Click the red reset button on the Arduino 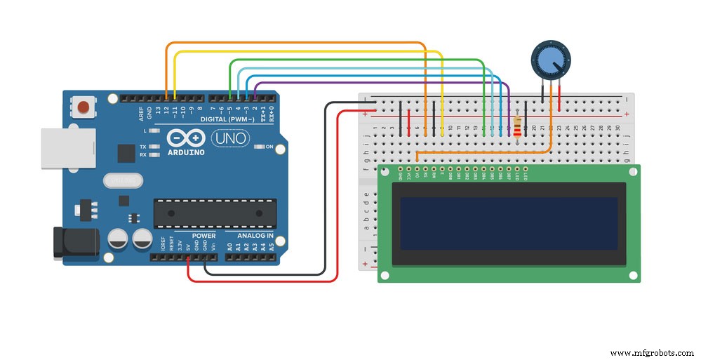[x=84, y=107]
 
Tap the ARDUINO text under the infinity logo [x=187, y=152]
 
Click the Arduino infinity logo [x=187, y=138]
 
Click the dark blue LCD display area [x=509, y=223]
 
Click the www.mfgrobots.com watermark [x=652, y=353]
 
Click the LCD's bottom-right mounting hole [x=634, y=275]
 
